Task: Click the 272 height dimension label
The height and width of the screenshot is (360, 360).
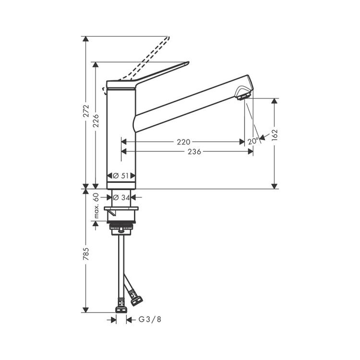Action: click(x=86, y=111)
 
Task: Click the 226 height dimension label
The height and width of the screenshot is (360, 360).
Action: click(x=96, y=121)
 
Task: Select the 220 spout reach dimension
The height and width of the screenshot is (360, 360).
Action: click(x=184, y=142)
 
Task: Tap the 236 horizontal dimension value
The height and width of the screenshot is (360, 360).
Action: click(x=194, y=152)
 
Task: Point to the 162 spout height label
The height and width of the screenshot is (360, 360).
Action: click(x=275, y=135)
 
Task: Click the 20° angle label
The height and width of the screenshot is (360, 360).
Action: click(x=253, y=141)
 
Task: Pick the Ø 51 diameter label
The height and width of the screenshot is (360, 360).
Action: click(x=121, y=176)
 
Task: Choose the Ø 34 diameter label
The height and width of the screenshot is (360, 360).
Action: click(x=121, y=197)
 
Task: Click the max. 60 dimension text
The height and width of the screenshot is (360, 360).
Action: click(x=96, y=205)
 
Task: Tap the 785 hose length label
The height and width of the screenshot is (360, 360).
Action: click(x=86, y=254)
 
